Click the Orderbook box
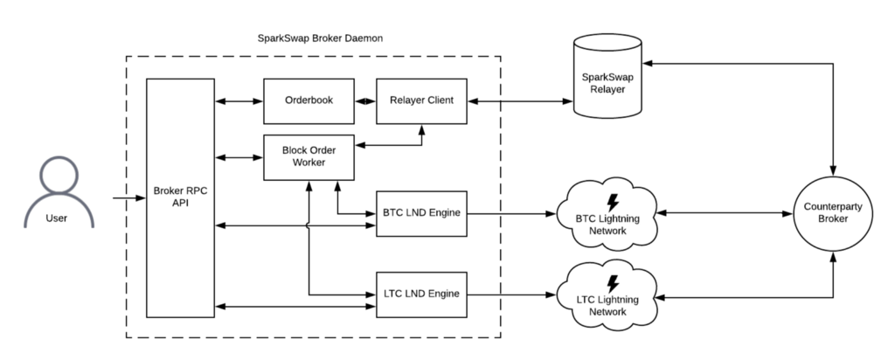coord(309,100)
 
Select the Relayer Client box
coord(421,100)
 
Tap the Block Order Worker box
coord(309,157)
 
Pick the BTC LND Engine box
coord(421,213)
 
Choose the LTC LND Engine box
coord(421,294)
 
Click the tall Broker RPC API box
coord(180,197)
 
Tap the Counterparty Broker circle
coord(832,213)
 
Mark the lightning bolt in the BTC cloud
coord(613,200)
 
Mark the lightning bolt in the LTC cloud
coord(613,283)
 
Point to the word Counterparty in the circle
coord(832,207)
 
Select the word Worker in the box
coord(309,163)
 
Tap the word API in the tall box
coord(180,204)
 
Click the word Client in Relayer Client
coord(439,100)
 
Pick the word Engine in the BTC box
coord(442,213)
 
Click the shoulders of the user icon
coord(59,214)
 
